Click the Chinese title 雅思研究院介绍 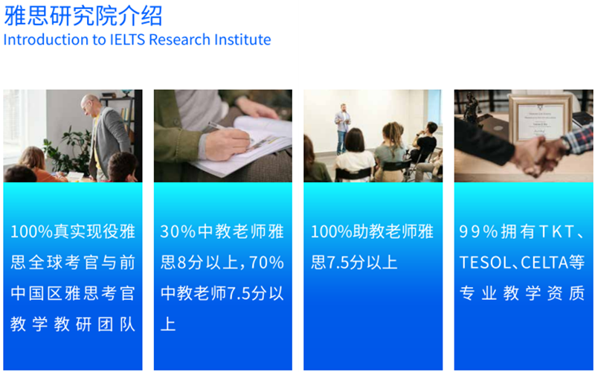point(83,16)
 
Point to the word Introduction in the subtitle point(47,39)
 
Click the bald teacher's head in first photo point(89,103)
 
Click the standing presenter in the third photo point(342,129)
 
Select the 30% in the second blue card point(178,231)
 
